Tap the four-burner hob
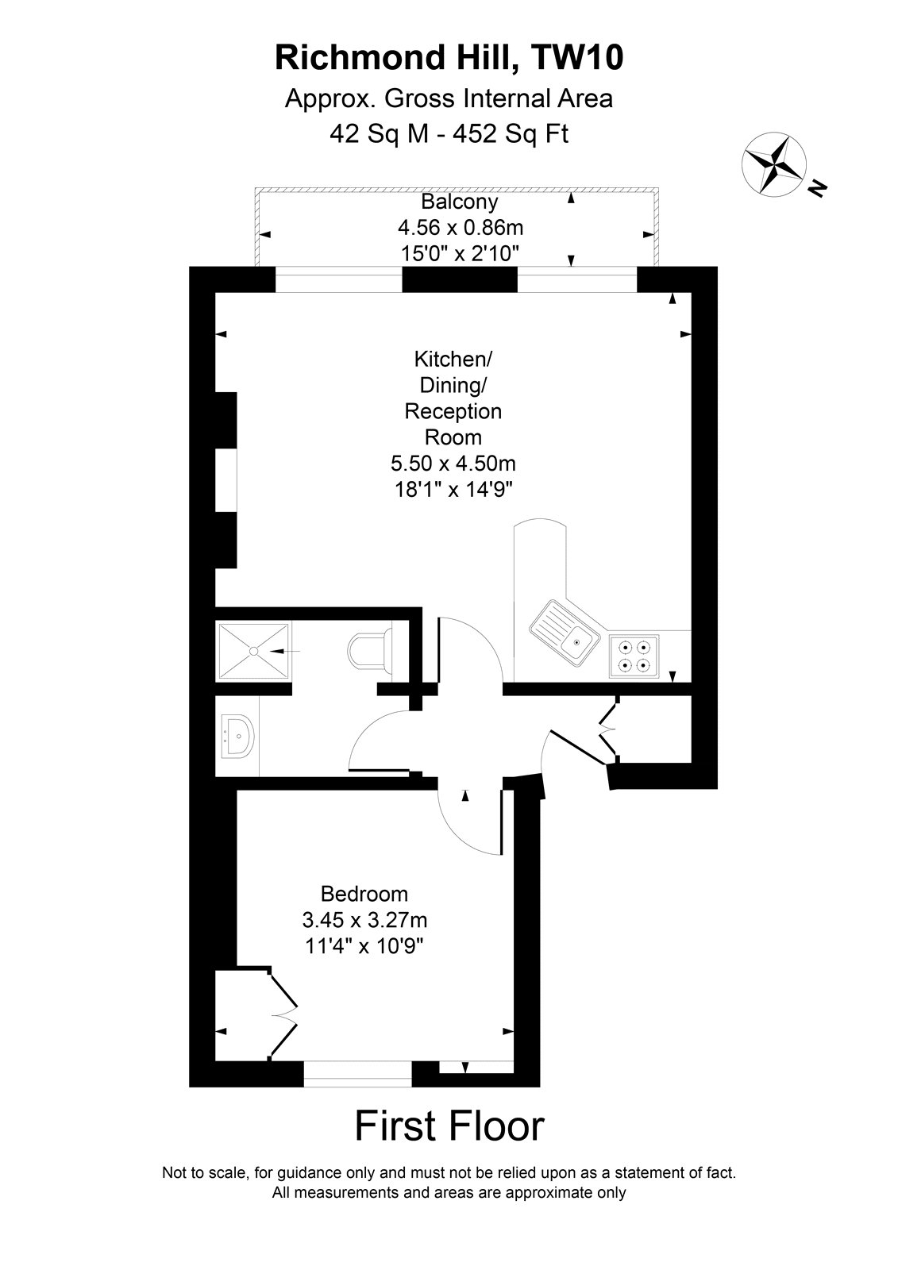(x=634, y=656)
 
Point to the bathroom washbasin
(x=238, y=737)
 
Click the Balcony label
(x=460, y=202)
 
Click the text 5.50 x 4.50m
(x=453, y=464)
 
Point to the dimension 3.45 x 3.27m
(x=364, y=920)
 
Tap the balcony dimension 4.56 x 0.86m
(x=460, y=227)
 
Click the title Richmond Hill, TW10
(x=449, y=58)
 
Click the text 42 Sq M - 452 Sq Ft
(x=449, y=134)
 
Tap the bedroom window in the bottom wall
(x=357, y=1074)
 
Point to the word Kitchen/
(x=453, y=359)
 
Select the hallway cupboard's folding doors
(x=609, y=728)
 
